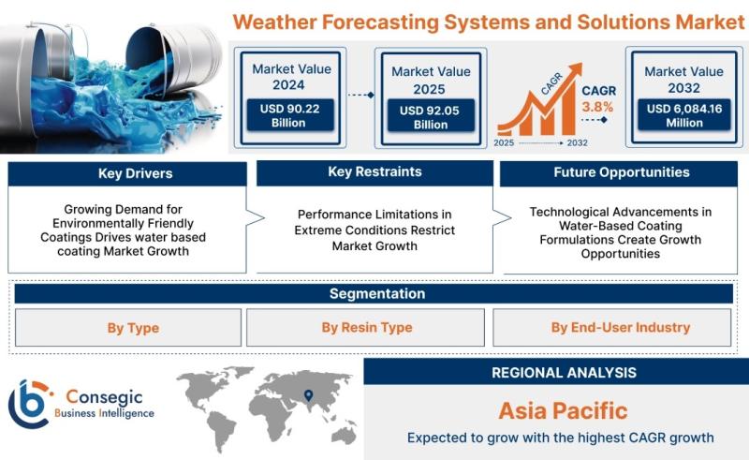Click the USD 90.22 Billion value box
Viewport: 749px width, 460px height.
[x=290, y=115]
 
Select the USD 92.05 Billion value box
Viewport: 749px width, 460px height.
[x=431, y=116]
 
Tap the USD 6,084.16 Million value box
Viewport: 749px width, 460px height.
[x=684, y=114]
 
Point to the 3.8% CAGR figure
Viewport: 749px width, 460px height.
[x=597, y=107]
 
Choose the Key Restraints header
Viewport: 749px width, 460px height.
[x=374, y=172]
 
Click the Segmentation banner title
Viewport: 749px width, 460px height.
[x=377, y=293]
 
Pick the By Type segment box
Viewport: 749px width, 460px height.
[x=128, y=328]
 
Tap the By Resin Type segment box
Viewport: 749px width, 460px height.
[x=365, y=328]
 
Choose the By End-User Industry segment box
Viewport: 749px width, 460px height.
[x=612, y=328]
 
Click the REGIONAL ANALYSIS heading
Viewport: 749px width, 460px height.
[x=565, y=373]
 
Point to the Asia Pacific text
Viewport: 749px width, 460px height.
[x=564, y=410]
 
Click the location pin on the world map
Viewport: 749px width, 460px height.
[x=309, y=395]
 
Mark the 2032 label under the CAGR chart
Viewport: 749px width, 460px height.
[x=577, y=143]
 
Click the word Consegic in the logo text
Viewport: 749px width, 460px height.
[x=104, y=397]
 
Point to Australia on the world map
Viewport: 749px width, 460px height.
[x=344, y=435]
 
